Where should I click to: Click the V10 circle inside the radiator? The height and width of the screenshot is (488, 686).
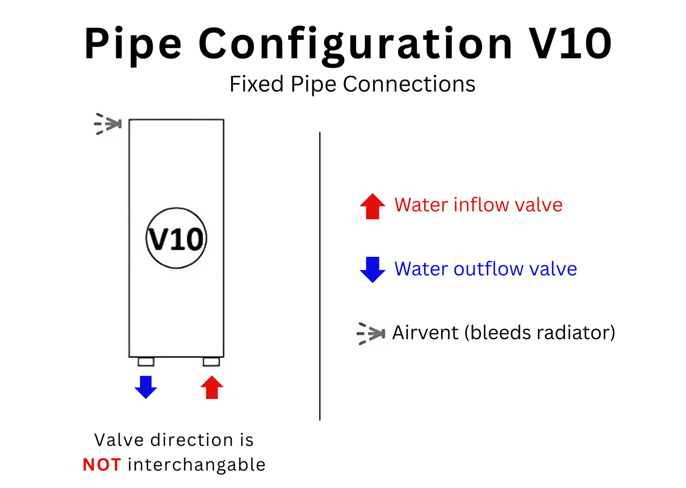click(176, 238)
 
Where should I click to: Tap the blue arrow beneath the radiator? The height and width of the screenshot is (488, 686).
click(146, 386)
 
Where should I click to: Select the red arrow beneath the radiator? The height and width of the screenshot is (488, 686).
click(212, 387)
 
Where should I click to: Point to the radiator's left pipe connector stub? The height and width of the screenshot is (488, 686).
click(146, 362)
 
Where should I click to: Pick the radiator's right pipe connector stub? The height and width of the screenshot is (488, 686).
click(211, 362)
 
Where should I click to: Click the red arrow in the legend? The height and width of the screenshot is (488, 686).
click(373, 206)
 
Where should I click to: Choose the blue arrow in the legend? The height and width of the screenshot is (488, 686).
click(373, 269)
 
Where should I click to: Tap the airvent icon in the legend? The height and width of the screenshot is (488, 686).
click(371, 334)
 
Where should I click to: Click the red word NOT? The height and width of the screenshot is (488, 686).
click(102, 465)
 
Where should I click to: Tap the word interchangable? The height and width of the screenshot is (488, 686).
click(197, 465)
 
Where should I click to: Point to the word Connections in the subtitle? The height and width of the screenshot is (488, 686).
click(409, 84)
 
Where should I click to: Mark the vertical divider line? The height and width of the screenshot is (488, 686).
click(320, 275)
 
